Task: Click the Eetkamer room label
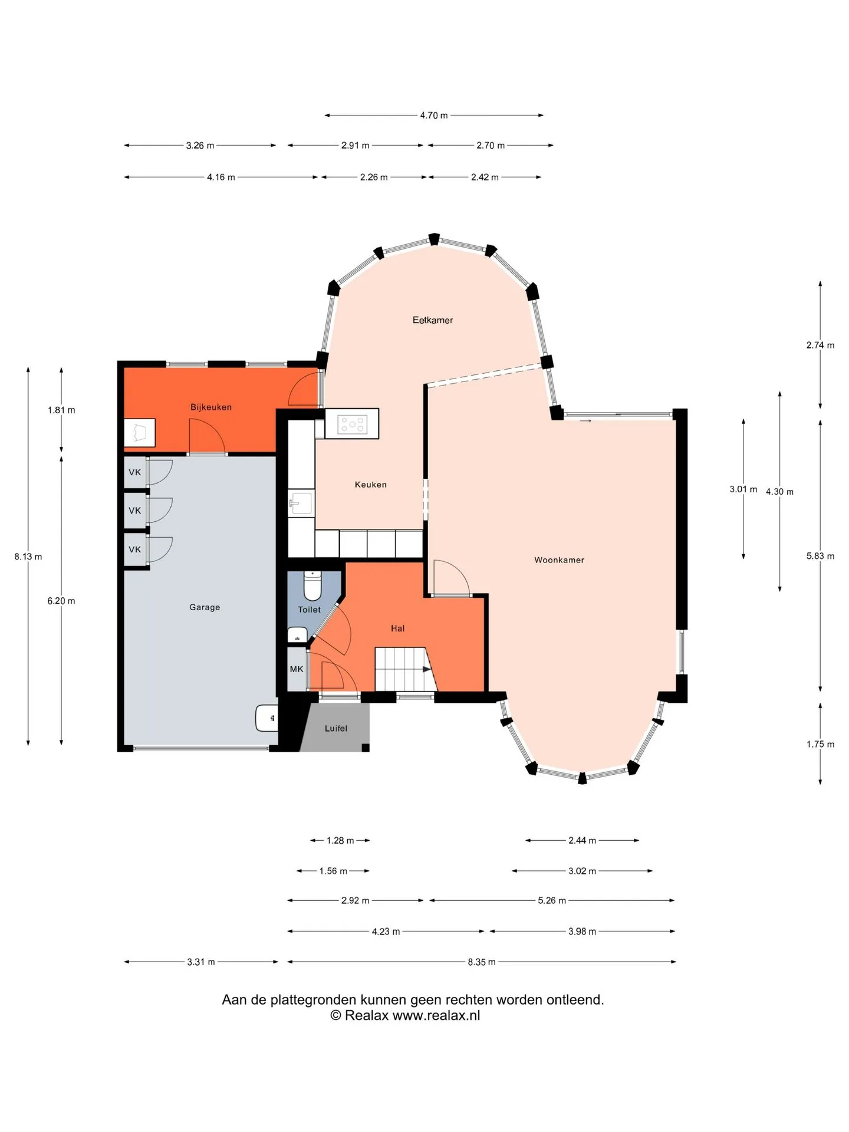click(x=432, y=320)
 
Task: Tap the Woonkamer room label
click(x=559, y=560)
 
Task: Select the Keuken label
click(x=370, y=485)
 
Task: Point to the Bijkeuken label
click(x=210, y=407)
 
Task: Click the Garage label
click(x=205, y=607)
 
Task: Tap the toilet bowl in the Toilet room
click(x=312, y=585)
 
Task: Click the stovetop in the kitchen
click(x=352, y=424)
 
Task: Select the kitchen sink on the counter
click(x=300, y=504)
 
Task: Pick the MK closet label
click(x=297, y=669)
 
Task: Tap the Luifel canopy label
click(x=336, y=729)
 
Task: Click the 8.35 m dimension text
click(x=482, y=962)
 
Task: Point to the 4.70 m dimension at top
click(x=433, y=116)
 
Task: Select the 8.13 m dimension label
click(x=28, y=557)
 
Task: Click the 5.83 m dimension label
click(x=820, y=556)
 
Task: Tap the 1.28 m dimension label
click(x=340, y=841)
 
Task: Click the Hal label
click(x=397, y=628)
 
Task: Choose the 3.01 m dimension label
click(x=743, y=489)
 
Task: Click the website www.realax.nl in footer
click(x=436, y=1016)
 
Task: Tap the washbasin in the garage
click(x=266, y=718)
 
